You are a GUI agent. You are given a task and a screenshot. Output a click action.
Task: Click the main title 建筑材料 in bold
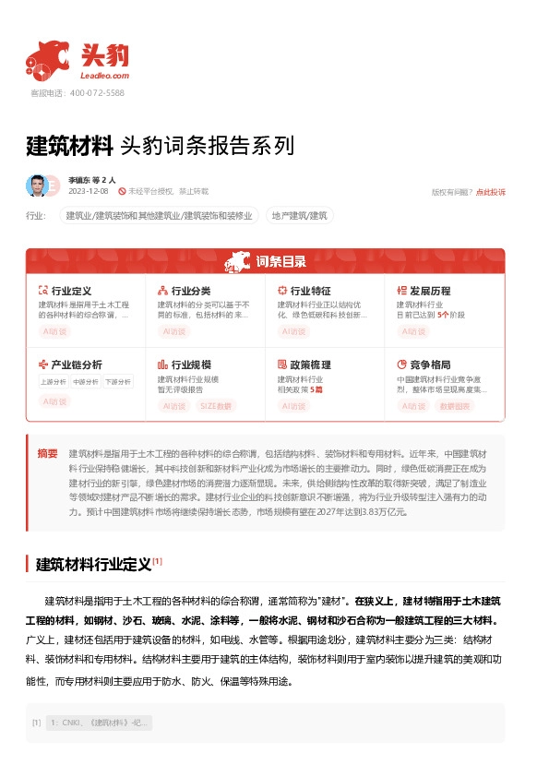[69, 145]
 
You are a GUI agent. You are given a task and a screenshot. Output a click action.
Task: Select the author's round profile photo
[37, 185]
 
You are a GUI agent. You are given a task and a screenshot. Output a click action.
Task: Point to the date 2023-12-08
[89, 191]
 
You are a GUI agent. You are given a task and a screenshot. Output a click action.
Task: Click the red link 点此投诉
[490, 192]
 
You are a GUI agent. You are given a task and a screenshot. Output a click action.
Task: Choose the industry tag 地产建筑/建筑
[299, 215]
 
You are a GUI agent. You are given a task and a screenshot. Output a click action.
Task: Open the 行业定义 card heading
[71, 291]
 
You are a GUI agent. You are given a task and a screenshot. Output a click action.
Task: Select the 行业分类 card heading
[190, 291]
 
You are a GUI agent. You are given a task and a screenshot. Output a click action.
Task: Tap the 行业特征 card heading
[310, 291]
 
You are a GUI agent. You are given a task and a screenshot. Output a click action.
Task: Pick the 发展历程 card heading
[429, 291]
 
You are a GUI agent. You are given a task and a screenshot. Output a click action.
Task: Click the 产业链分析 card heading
[77, 365]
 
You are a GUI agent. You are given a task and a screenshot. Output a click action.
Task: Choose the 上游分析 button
[54, 381]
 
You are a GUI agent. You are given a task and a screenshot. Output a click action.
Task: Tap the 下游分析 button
[117, 381]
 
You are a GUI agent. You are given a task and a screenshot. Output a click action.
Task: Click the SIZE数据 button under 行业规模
[215, 405]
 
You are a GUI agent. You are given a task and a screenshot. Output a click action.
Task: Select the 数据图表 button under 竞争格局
[454, 405]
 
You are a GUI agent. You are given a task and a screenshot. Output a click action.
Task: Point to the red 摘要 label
[47, 453]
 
